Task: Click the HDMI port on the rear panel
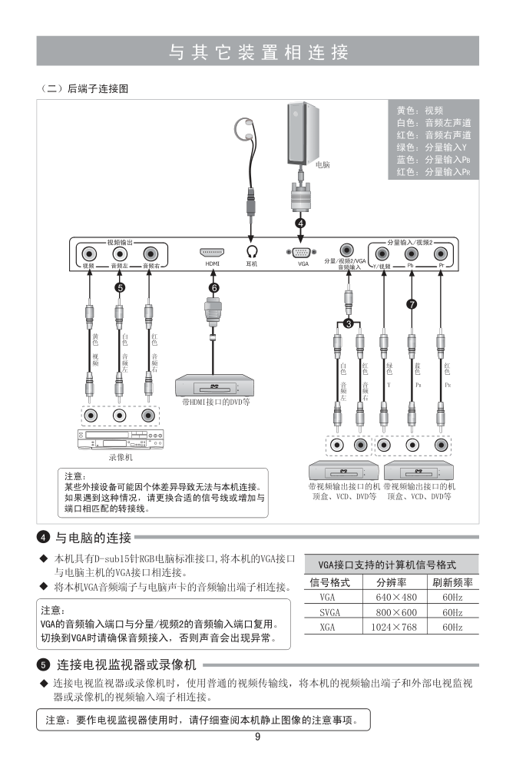pyautogui.click(x=213, y=252)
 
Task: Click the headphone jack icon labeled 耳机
pyautogui.click(x=251, y=251)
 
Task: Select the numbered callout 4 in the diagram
pyautogui.click(x=301, y=223)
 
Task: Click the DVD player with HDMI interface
pyautogui.click(x=212, y=383)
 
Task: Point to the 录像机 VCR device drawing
pyautogui.click(x=119, y=441)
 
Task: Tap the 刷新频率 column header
pyautogui.click(x=451, y=582)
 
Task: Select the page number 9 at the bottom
pyautogui.click(x=258, y=737)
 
